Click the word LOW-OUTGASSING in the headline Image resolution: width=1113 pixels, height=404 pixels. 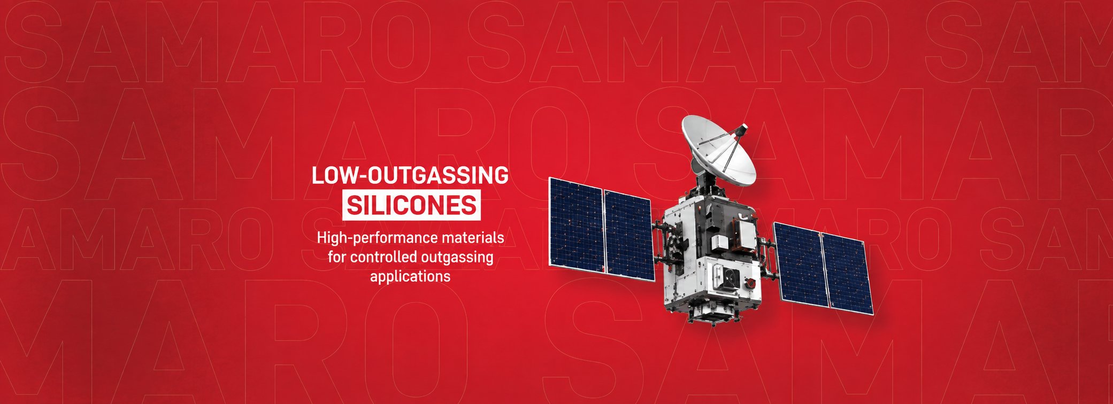coord(410,176)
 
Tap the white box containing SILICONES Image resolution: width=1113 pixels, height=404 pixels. coord(411,205)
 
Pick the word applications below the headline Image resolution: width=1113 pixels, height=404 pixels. coord(410,277)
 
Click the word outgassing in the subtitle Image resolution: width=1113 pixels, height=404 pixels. coord(457,258)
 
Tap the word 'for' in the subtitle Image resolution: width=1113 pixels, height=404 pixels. coord(337,257)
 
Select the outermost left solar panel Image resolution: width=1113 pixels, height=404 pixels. coord(576,224)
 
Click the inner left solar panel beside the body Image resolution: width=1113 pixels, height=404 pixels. coord(629,235)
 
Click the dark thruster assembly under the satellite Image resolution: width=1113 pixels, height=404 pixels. coord(713,314)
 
